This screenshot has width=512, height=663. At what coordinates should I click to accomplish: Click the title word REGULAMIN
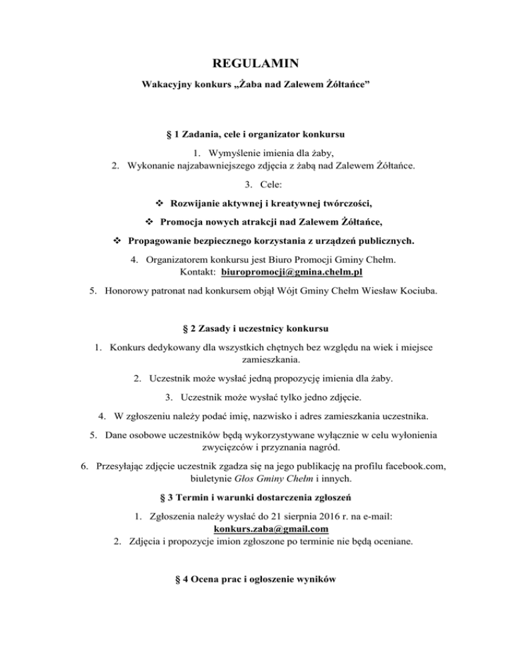click(255, 64)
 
